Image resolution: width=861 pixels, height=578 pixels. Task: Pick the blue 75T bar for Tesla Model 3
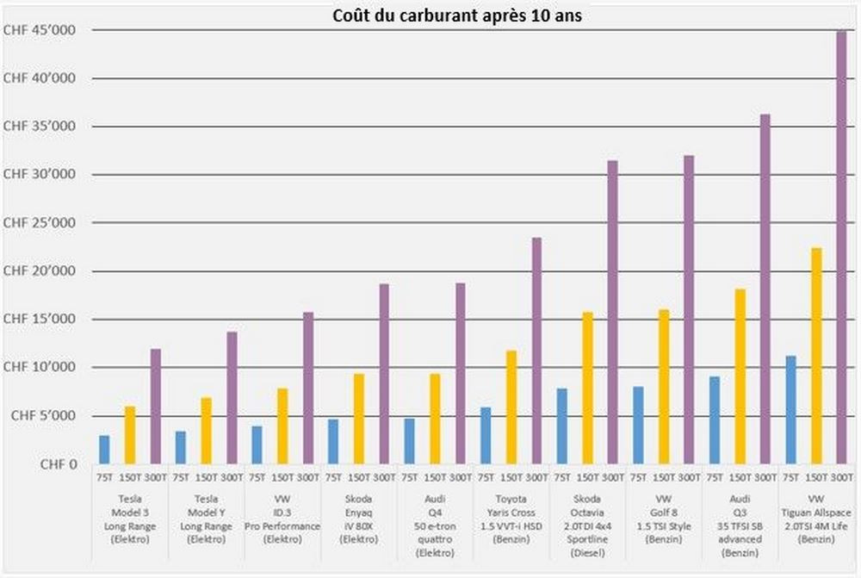[104, 450]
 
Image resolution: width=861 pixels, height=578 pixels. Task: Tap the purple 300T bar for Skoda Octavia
[612, 312]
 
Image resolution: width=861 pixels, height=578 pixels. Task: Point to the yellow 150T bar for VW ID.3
[282, 426]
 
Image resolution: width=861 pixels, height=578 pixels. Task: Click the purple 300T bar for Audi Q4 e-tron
[460, 374]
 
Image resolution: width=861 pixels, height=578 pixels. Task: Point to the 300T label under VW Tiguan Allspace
[841, 476]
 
